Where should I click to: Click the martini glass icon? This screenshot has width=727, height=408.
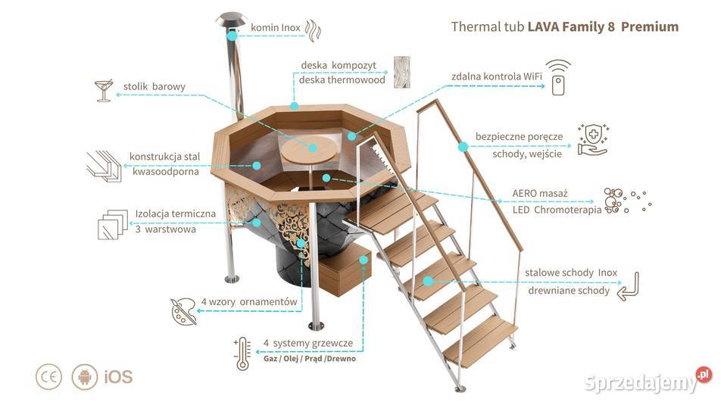[x=104, y=90]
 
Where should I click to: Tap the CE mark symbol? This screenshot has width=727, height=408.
[x=49, y=376]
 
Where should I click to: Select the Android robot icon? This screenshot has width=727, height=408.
[x=85, y=376]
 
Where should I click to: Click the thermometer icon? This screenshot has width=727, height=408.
[x=242, y=353]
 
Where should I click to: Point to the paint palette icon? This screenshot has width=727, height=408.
[x=183, y=310]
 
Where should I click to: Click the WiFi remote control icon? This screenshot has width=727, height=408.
[x=558, y=77]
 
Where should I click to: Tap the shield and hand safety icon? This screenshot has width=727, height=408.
[x=593, y=139]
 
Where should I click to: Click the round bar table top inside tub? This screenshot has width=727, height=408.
[x=309, y=151]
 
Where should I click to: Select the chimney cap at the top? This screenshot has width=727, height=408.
[x=231, y=20]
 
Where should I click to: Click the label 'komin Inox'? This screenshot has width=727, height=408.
[x=276, y=27]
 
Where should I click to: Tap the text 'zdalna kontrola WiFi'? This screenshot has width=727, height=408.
[x=497, y=76]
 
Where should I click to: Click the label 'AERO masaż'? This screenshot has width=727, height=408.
[x=540, y=193]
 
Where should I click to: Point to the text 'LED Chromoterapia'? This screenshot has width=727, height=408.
[x=557, y=210]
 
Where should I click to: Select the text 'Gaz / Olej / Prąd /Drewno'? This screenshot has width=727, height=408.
[x=310, y=358]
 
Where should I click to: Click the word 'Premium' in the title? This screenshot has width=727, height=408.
[x=650, y=26]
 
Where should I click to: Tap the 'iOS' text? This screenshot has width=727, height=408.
[x=118, y=377]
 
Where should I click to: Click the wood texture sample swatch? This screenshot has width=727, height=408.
[x=401, y=73]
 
